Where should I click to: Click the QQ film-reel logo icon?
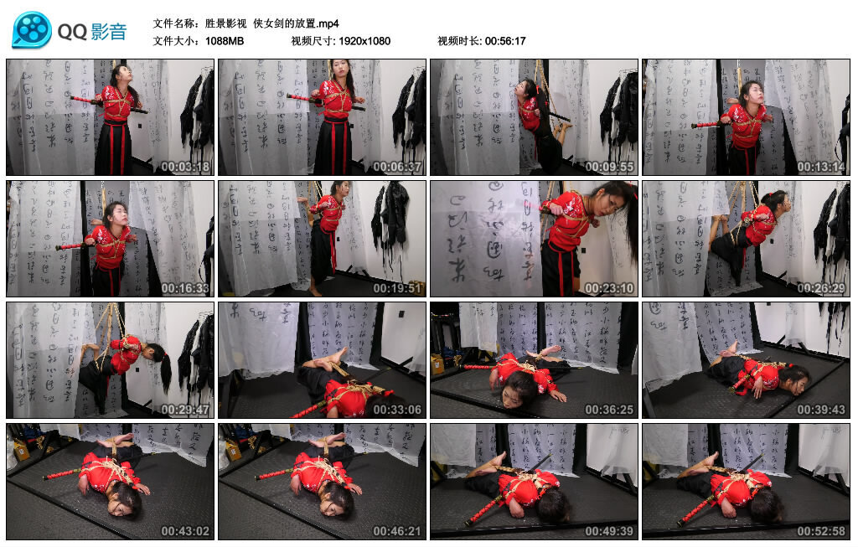(x=32, y=30)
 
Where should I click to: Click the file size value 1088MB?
(x=224, y=40)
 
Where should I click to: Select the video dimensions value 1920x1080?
(x=364, y=40)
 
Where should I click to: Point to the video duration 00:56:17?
(x=504, y=40)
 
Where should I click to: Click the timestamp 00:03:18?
(x=186, y=167)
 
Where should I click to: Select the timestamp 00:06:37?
(x=398, y=167)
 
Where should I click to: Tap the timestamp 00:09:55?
(x=610, y=167)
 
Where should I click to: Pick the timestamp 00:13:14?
(x=822, y=167)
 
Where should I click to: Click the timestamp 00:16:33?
(x=186, y=288)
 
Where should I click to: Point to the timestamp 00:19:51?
(x=398, y=288)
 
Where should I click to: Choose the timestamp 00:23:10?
(x=610, y=288)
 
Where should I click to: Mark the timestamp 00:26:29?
(x=822, y=288)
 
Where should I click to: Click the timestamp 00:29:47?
(x=186, y=410)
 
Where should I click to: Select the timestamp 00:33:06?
(x=398, y=410)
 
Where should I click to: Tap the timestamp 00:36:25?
(x=610, y=410)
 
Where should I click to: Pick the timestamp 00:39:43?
(x=822, y=410)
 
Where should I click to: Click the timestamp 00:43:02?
(x=186, y=531)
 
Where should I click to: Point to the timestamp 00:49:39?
(x=610, y=531)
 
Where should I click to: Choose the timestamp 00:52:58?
(x=822, y=531)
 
